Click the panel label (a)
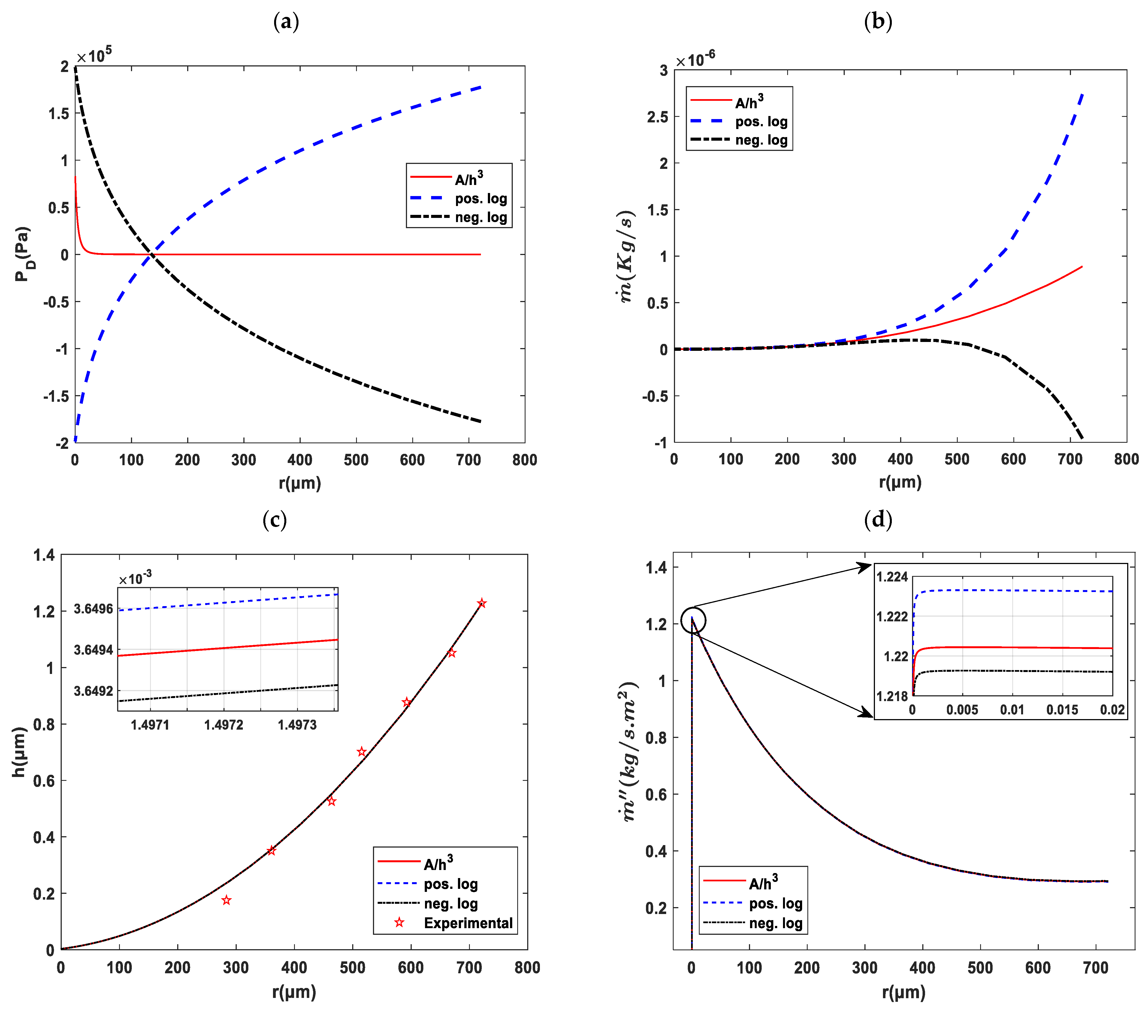click(286, 22)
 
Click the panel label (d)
click(878, 520)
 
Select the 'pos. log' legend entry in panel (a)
click(480, 199)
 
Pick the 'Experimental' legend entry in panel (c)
click(468, 923)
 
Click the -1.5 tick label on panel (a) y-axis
click(56, 396)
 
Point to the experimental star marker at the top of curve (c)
click(481, 603)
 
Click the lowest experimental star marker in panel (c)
click(226, 900)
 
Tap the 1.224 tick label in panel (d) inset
click(892, 577)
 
